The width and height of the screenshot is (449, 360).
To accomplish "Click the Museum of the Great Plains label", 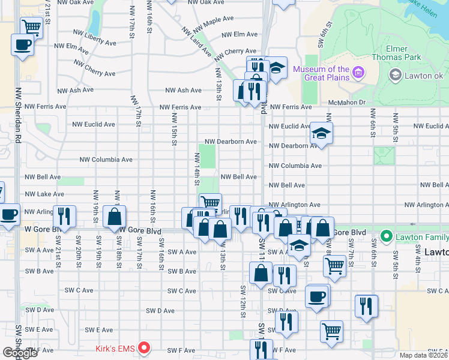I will click(321, 74).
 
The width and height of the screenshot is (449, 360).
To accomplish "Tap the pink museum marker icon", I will click(359, 73).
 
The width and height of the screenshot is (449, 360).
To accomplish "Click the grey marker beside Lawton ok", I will click(395, 75).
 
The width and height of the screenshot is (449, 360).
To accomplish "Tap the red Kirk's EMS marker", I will click(144, 347).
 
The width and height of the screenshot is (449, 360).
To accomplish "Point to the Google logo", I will click(20, 352).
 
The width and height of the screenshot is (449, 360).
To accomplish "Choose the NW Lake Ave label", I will click(44, 194).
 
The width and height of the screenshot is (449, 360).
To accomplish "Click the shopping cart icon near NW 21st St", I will click(31, 26).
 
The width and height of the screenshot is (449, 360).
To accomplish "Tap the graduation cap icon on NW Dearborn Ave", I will click(322, 134).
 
